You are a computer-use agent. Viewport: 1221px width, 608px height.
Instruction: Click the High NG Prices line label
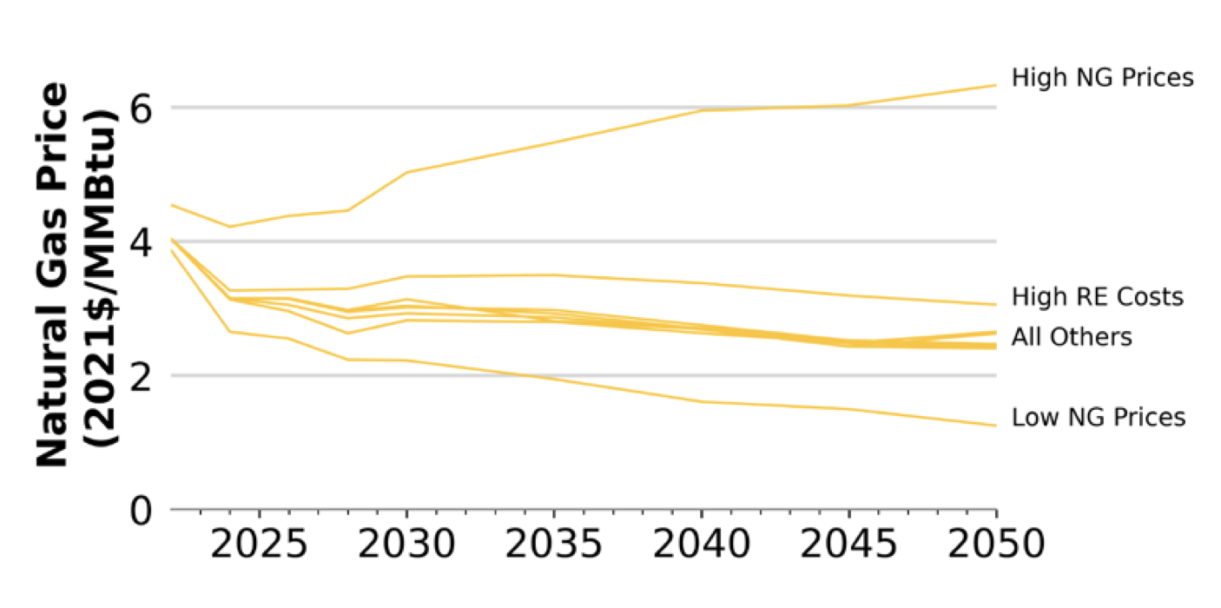pos(1102,78)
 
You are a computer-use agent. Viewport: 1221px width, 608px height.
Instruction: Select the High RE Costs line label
pos(1097,297)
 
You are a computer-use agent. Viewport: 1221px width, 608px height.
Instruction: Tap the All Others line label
pos(1072,337)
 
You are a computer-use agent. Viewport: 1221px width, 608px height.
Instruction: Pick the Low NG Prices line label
pos(1098,418)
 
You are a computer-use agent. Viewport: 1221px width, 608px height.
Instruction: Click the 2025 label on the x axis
pos(259,546)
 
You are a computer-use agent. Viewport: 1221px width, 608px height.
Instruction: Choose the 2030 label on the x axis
pos(406,546)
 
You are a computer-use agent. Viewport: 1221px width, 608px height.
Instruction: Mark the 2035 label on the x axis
pos(553,546)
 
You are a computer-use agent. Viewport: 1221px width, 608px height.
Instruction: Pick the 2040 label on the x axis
pos(701,546)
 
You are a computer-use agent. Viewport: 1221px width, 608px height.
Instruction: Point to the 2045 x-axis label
pos(848,546)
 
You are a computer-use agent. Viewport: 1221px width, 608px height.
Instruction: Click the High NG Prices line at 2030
pos(406,172)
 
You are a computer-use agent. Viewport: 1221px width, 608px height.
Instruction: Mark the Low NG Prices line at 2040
pos(701,401)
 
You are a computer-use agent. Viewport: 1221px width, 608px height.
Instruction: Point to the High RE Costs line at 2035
pos(553,274)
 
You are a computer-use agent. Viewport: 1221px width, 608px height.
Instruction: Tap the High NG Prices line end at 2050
pos(995,85)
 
